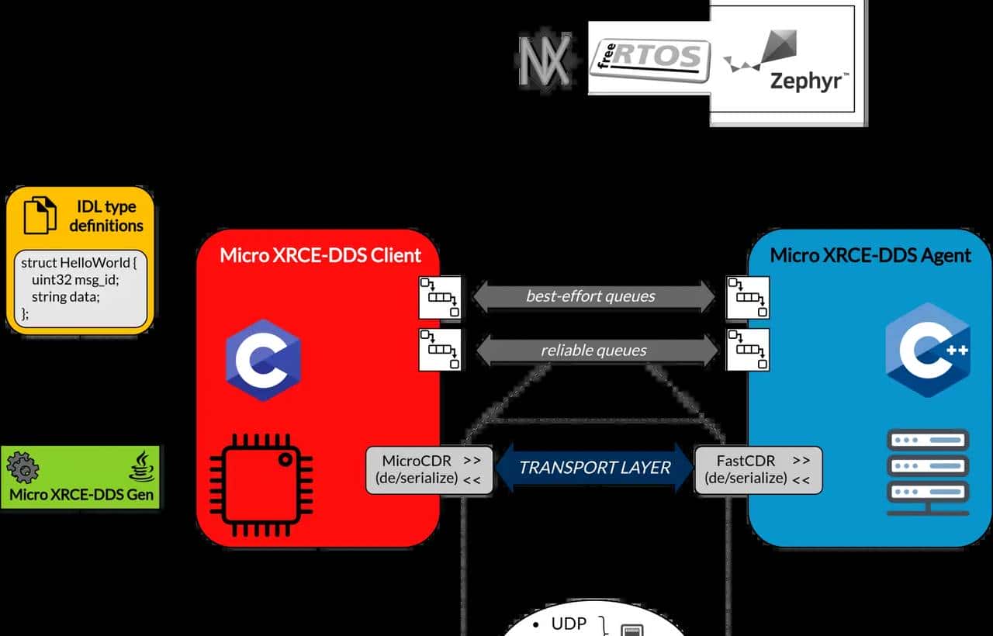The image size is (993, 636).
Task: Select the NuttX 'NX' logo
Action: coord(545,59)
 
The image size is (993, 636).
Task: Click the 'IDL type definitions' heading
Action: coord(106,216)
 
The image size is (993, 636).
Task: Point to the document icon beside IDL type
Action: coord(40,215)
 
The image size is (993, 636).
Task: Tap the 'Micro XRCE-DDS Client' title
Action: coord(320,255)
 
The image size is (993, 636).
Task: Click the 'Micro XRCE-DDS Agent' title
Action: coord(870,255)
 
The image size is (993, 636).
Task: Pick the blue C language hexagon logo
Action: coord(263,360)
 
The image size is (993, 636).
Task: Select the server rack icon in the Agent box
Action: coord(928,472)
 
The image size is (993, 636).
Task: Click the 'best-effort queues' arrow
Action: coord(593,296)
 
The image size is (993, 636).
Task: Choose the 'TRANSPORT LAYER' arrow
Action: coord(594,468)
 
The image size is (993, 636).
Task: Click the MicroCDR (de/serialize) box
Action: coord(429,470)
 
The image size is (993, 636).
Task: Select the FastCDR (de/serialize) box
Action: coord(758,470)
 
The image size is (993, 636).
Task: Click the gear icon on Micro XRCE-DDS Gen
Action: coord(23,467)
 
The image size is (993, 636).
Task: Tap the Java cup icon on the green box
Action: coord(142,468)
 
